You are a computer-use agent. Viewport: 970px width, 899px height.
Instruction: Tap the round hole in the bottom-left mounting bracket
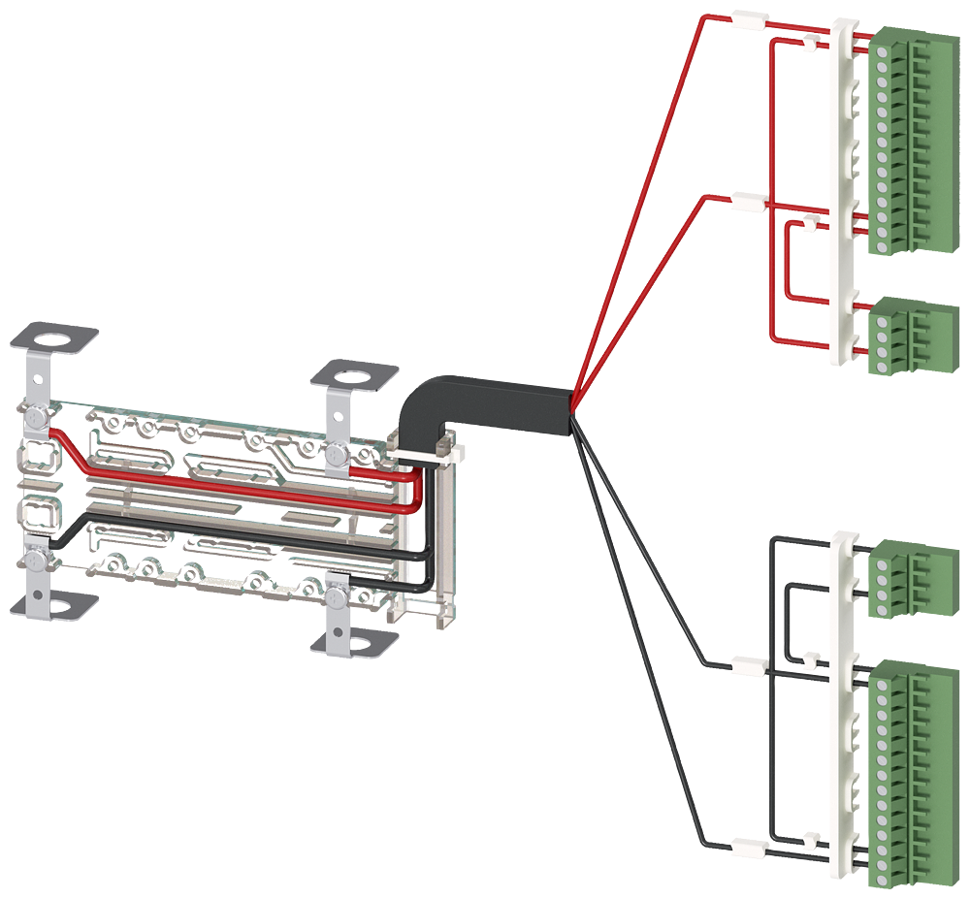[55, 608]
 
